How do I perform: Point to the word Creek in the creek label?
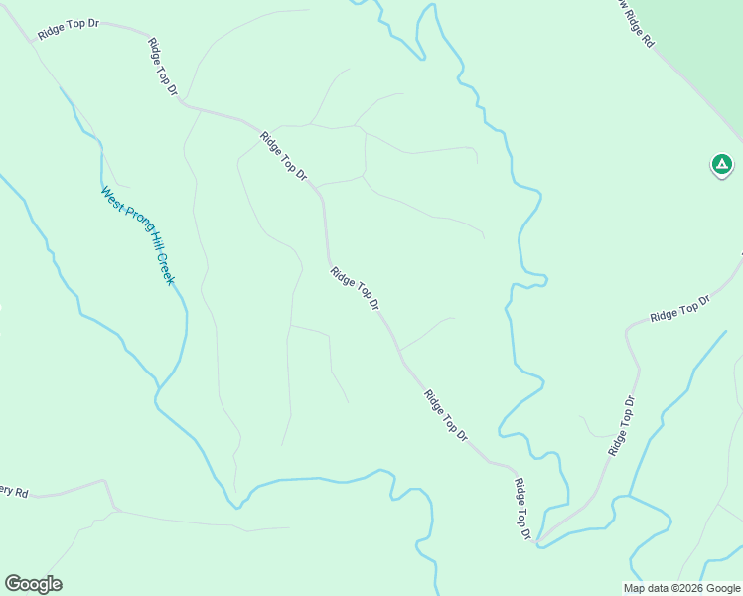coord(165,270)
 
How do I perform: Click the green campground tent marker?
coord(722,164)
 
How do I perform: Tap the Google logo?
coord(33,584)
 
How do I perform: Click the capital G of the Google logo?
coord(12,584)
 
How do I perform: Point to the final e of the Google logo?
coord(57,585)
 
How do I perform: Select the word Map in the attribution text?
coord(634,588)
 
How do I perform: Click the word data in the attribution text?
coord(658,588)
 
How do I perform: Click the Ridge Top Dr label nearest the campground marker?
coord(680,309)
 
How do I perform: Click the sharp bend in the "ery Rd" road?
coord(105,482)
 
